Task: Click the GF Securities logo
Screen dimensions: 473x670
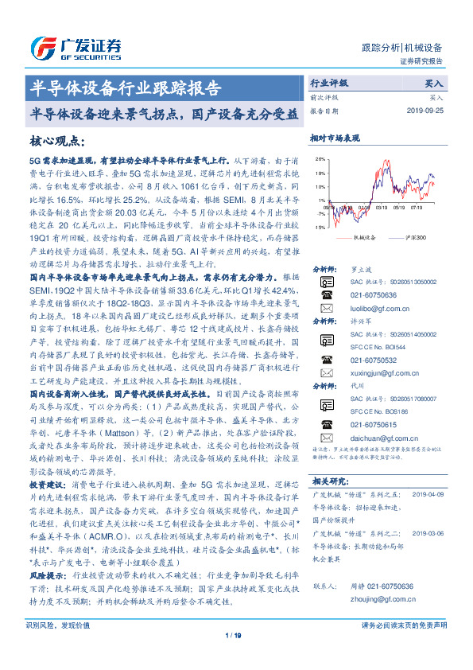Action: (x=76, y=47)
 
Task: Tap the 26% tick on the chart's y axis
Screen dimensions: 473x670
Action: (x=319, y=160)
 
